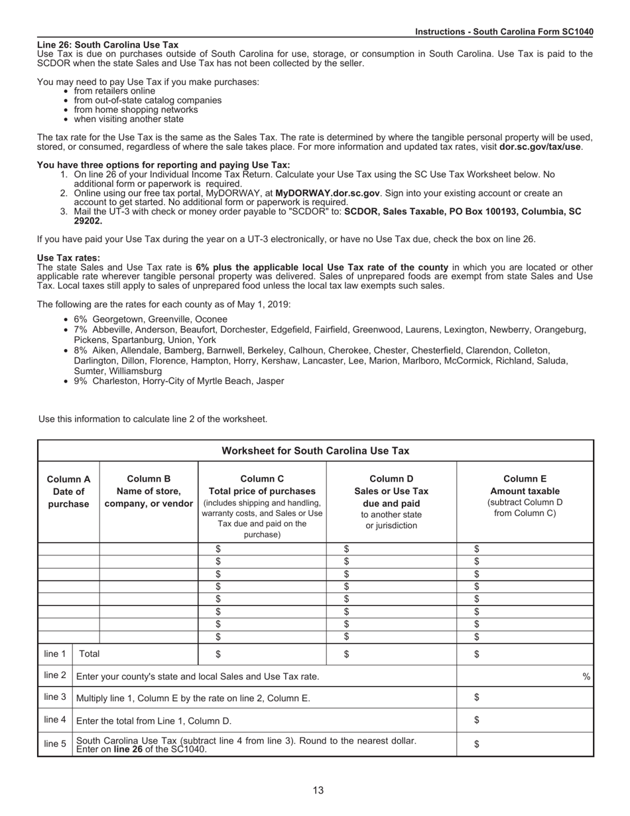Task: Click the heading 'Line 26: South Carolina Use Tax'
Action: pyautogui.click(x=107, y=45)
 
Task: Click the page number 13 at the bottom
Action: pyautogui.click(x=318, y=790)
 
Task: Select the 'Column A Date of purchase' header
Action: pyautogui.click(x=68, y=492)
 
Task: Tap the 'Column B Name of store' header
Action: pyautogui.click(x=149, y=492)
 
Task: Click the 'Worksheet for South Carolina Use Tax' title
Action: pyautogui.click(x=315, y=450)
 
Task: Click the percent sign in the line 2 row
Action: pyautogui.click(x=586, y=677)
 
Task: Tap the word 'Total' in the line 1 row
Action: pyautogui.click(x=90, y=654)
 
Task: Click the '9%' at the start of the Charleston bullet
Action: pyautogui.click(x=81, y=381)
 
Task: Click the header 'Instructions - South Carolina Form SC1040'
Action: pyautogui.click(x=504, y=32)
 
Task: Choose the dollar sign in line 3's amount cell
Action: pyautogui.click(x=477, y=697)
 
